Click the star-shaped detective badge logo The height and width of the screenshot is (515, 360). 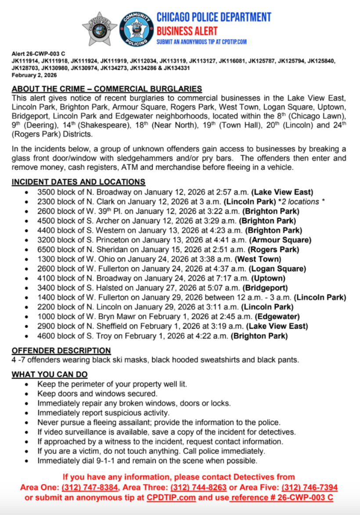click(100, 29)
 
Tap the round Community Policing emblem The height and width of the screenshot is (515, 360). click(136, 29)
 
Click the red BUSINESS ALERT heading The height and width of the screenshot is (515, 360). click(187, 31)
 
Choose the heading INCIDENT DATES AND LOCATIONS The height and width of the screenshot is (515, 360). click(78, 182)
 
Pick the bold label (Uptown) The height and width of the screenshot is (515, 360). click(268, 278)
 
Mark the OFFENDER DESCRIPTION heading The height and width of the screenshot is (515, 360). click(61, 351)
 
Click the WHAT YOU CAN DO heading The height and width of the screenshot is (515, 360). click(49, 374)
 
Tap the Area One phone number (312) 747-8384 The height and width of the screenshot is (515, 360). click(90, 487)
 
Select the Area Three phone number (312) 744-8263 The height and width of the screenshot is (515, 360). click(198, 487)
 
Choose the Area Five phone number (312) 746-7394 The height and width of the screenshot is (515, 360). click(310, 487)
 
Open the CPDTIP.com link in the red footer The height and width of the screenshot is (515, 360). click(171, 497)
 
